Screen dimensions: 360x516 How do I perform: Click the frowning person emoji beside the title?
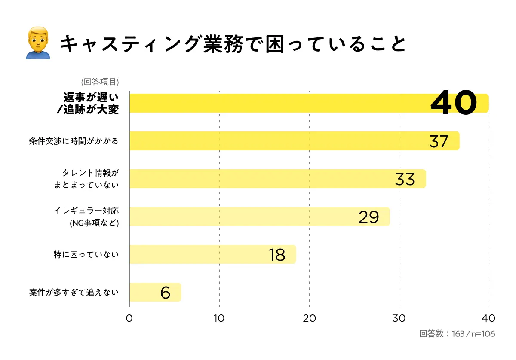point(38,43)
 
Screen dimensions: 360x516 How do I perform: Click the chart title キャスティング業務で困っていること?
point(233,44)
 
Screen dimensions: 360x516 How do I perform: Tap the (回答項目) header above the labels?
point(100,82)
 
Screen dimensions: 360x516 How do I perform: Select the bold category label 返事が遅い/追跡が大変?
point(87,103)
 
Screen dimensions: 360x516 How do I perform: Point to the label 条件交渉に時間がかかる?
point(74,141)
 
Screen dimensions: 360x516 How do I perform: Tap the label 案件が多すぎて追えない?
point(74,292)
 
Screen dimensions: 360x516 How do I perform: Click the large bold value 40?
point(454,103)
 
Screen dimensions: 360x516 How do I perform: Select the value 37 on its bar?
point(439,141)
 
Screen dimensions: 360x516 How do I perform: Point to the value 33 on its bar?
point(405,179)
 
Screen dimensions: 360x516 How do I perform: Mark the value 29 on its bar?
point(369,217)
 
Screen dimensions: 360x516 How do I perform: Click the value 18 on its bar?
point(277,255)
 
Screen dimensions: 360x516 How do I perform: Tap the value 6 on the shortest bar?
point(166,293)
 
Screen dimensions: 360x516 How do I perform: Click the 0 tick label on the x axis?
point(129,318)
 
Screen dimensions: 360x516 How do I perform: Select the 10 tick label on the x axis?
point(219,318)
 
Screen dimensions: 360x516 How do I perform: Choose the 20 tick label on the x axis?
point(309,318)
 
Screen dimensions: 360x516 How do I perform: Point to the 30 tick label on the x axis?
point(399,318)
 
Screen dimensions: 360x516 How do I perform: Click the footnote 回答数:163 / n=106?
point(457,334)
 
